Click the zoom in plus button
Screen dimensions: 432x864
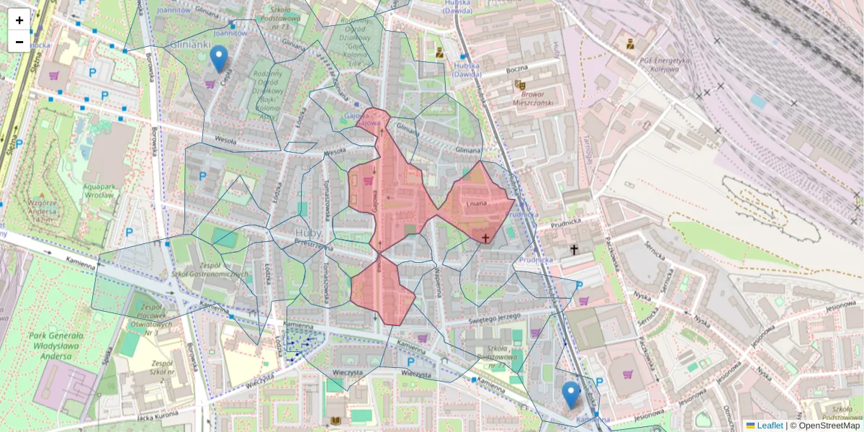click(x=19, y=20)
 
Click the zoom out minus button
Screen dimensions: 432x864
click(x=19, y=42)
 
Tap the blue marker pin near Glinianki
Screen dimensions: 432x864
click(x=219, y=58)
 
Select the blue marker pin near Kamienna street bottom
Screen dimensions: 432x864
click(x=571, y=395)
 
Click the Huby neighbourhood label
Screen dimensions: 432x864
click(x=307, y=233)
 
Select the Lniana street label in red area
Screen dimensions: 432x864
click(x=477, y=204)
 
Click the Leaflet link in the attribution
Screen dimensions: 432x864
click(x=769, y=426)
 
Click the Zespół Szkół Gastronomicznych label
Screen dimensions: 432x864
click(x=210, y=274)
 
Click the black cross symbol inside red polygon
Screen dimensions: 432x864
click(x=485, y=237)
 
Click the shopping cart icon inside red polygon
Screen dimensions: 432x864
click(x=369, y=181)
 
